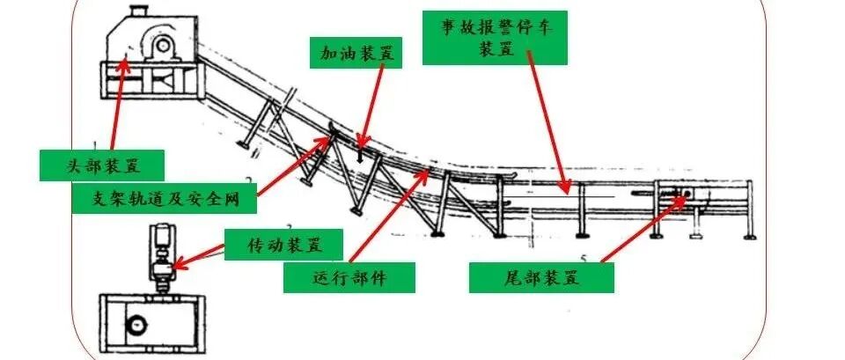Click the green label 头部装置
point(103,164)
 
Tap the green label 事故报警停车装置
point(495,36)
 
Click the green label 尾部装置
point(540,278)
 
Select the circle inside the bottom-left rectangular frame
point(136,327)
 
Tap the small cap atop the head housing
point(137,11)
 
